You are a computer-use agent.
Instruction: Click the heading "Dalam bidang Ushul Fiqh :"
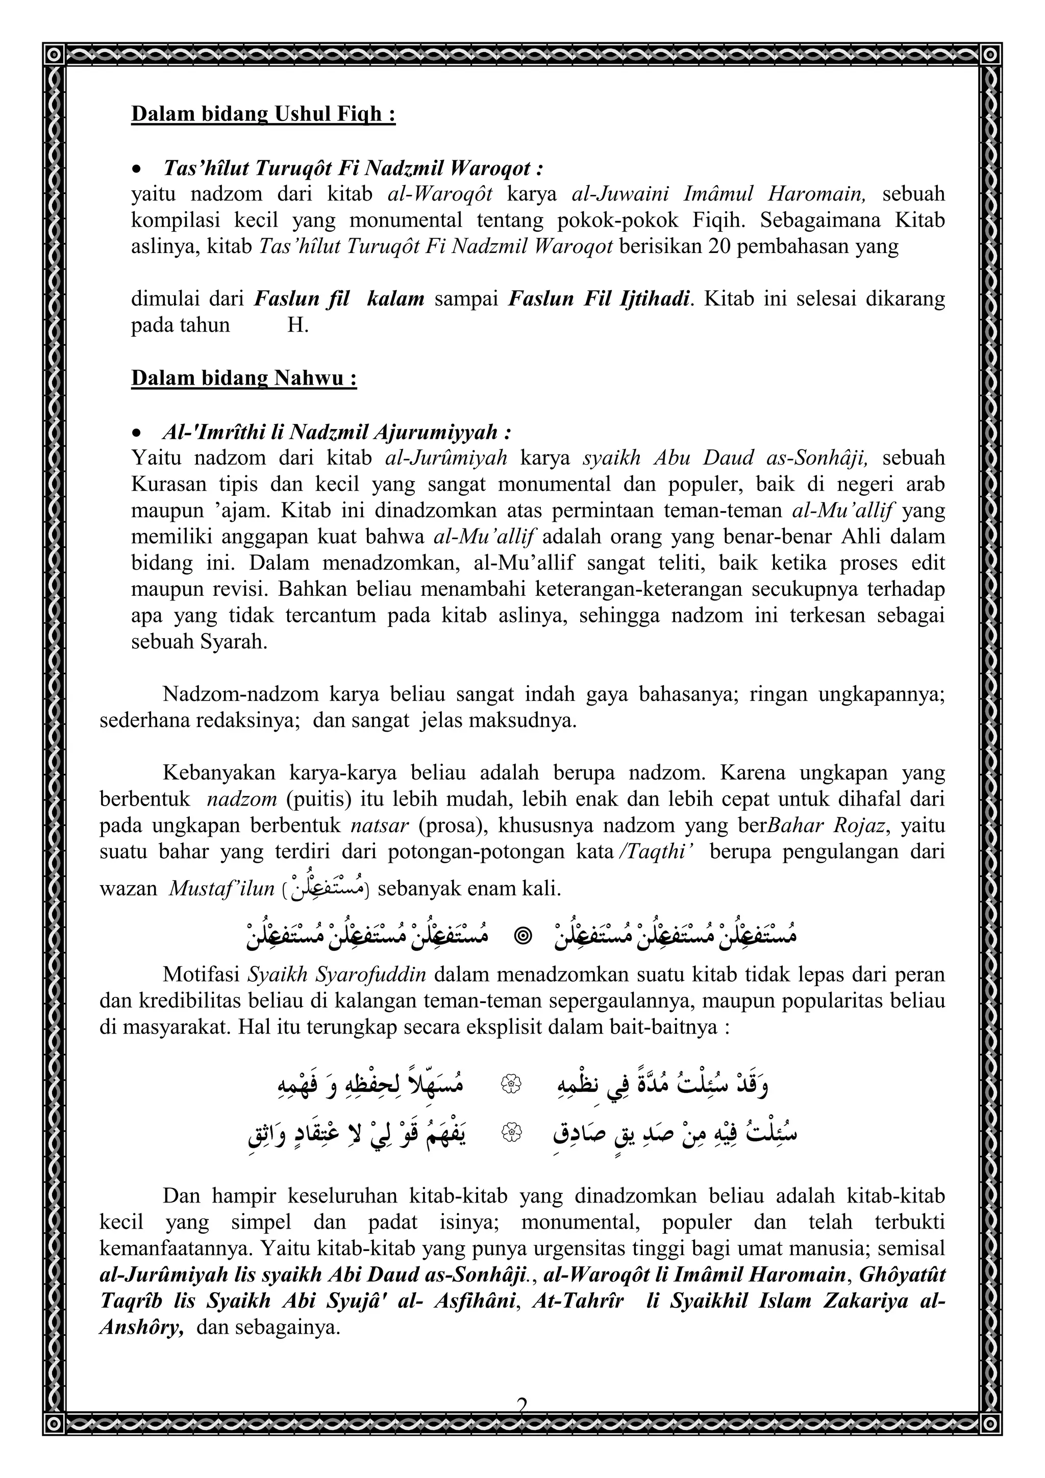tap(263, 114)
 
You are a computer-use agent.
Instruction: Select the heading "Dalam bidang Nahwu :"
tap(244, 378)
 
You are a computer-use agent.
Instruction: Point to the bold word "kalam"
tap(395, 298)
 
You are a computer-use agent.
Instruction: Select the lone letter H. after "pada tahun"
tap(297, 325)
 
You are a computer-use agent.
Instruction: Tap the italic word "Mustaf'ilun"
tap(221, 889)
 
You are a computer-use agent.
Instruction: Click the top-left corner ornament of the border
tap(55, 55)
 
